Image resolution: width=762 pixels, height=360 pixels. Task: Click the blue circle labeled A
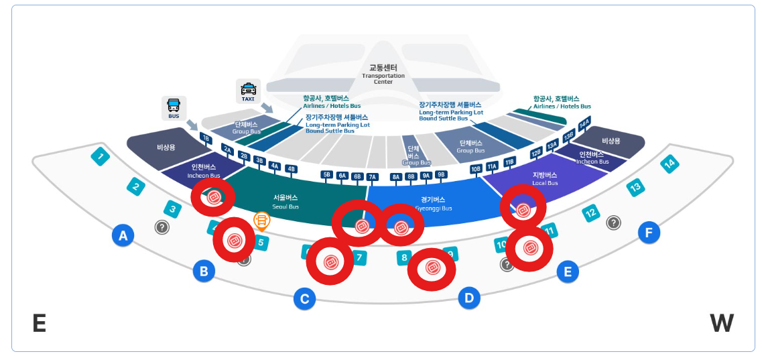[122, 235]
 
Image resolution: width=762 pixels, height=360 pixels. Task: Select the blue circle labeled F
[648, 233]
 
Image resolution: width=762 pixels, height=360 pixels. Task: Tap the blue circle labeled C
[304, 298]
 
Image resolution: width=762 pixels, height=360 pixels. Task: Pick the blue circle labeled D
[469, 298]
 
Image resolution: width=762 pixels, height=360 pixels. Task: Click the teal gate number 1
[101, 158]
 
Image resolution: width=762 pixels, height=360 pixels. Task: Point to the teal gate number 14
[669, 164]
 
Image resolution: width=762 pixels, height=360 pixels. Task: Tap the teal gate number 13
[635, 188]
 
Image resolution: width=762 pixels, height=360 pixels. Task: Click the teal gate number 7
[359, 257]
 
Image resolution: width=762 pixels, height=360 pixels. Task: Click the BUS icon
[174, 107]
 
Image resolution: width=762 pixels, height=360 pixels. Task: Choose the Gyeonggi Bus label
[437, 203]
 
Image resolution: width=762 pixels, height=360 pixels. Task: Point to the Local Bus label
[544, 179]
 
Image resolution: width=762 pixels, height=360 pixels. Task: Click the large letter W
[722, 323]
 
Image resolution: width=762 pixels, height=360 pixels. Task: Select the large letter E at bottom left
[39, 323]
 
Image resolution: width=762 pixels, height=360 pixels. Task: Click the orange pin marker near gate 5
[261, 220]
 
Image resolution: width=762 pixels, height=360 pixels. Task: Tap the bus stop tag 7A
[373, 176]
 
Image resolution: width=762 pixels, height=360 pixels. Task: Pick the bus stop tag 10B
[477, 168]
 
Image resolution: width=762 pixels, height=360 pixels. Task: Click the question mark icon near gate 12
[613, 222]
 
